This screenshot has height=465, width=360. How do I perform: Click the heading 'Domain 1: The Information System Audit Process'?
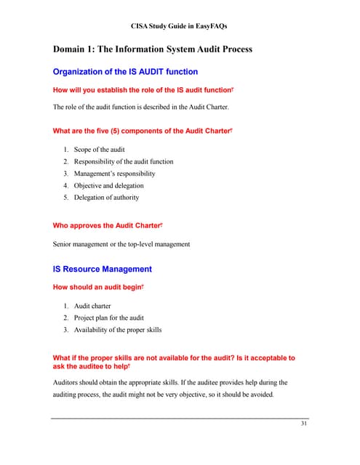[x=152, y=49]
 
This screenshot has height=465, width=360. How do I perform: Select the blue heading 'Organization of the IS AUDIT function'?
[x=125, y=72]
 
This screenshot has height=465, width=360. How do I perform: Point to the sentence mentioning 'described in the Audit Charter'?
[x=140, y=108]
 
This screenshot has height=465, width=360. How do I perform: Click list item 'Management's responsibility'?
[x=114, y=174]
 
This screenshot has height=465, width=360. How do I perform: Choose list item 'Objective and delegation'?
[x=109, y=185]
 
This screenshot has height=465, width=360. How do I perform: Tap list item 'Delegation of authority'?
[x=106, y=197]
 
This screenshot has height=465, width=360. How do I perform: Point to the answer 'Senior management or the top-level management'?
[x=121, y=244]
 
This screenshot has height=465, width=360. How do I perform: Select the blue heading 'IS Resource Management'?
[x=103, y=269]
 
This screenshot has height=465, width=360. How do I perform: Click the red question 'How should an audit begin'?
[x=98, y=288]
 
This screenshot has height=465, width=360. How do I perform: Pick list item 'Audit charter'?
[x=92, y=306]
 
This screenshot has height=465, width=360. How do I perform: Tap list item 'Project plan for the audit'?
[x=109, y=318]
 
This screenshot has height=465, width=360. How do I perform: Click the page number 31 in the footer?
[x=304, y=424]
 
